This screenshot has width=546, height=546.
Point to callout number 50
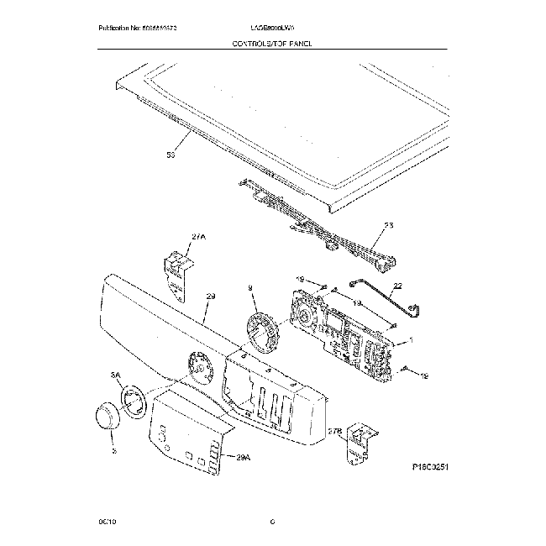pos(171,155)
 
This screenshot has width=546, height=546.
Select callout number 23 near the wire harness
pos(388,225)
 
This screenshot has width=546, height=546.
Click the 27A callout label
pos(198,238)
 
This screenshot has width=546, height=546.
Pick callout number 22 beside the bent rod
pos(397,286)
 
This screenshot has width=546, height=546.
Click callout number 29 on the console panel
pos(211,297)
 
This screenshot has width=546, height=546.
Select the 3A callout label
pos(117,376)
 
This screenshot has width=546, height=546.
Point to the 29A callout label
pos(244,458)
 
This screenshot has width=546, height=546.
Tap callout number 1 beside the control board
pos(410,341)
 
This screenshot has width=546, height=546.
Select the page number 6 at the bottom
pos(272,522)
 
